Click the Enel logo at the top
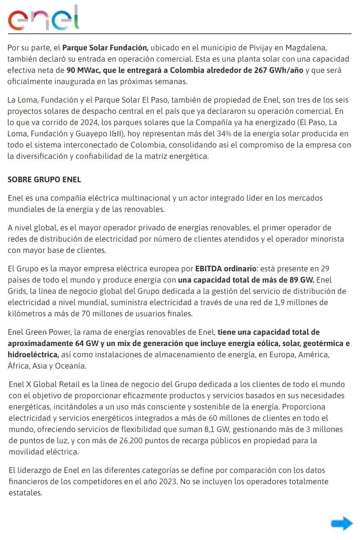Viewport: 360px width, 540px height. tap(44, 18)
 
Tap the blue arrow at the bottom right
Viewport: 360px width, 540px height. tap(342, 523)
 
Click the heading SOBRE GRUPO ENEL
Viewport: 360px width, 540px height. tap(44, 180)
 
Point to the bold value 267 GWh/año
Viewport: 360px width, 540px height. tap(278, 70)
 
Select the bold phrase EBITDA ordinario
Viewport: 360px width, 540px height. tap(225, 269)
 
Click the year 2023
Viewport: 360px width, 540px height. tap(236, 481)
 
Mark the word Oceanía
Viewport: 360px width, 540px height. tap(70, 366)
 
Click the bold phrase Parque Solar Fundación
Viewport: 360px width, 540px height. tap(105, 47)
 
